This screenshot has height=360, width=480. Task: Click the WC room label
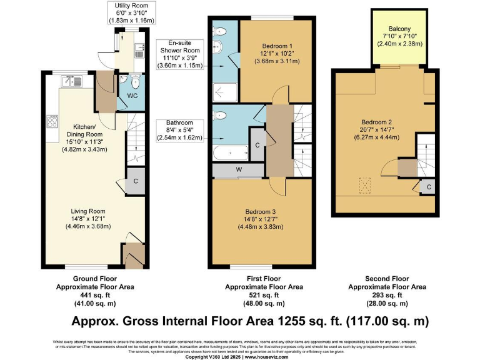click(x=132, y=96)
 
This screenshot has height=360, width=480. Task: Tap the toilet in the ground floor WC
click(x=134, y=81)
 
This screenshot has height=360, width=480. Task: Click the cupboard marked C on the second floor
click(x=428, y=187)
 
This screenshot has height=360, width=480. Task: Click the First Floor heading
click(x=263, y=278)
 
